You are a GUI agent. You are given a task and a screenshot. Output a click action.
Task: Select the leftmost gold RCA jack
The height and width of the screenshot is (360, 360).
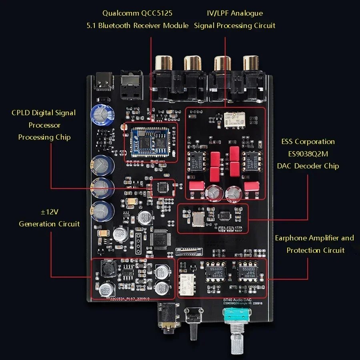tap(164, 63)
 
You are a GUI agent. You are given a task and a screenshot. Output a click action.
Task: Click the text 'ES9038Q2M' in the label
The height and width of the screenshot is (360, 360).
tap(308, 154)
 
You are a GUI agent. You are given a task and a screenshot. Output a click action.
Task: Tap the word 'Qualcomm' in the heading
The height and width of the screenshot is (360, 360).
tap(120, 13)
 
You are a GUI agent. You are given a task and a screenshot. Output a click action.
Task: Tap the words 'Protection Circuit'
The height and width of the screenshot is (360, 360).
tap(315, 250)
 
